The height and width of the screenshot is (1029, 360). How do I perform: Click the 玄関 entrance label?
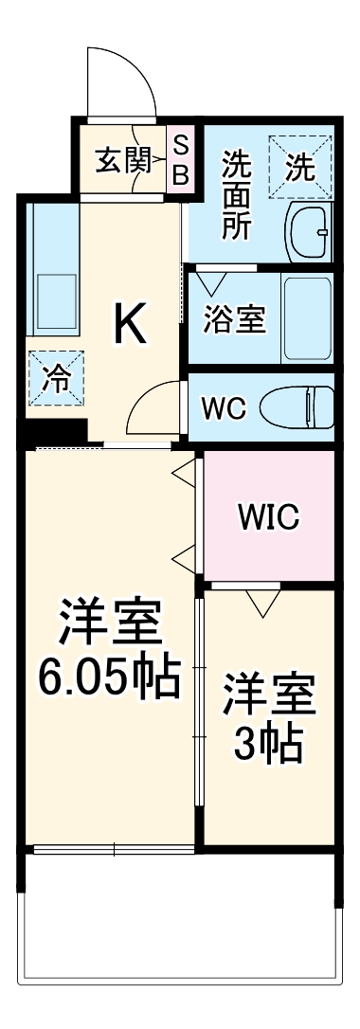tap(124, 160)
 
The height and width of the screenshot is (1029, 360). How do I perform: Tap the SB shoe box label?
tap(182, 160)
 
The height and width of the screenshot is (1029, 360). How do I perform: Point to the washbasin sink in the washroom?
tap(310, 230)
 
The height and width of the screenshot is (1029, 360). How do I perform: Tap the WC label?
tap(224, 409)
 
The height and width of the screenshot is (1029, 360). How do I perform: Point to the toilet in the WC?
tap(294, 408)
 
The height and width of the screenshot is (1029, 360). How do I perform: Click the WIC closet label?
tap(268, 516)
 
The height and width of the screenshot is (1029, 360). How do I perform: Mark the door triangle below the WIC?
tap(260, 599)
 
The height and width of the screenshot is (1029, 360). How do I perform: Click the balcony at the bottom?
tap(180, 914)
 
